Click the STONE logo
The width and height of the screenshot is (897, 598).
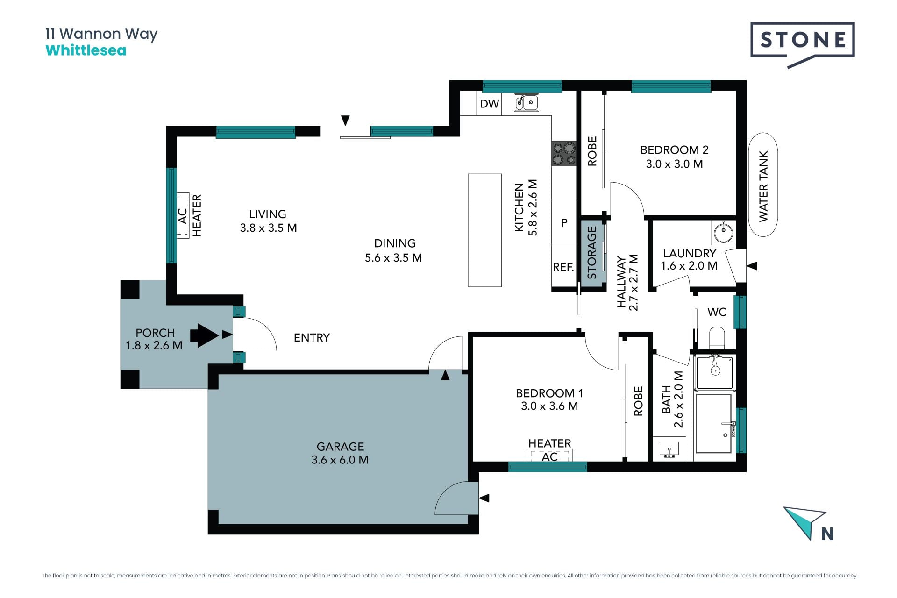[802, 45]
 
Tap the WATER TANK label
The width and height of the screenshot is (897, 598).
[763, 186]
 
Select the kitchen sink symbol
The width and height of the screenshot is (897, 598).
[527, 102]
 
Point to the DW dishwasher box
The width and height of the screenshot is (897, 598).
[489, 104]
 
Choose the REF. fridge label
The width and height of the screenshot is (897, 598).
[563, 267]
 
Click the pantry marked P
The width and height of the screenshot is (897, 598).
[564, 222]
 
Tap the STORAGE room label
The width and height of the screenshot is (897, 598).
[592, 253]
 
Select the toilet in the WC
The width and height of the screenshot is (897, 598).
[716, 337]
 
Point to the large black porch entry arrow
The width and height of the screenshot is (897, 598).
[204, 335]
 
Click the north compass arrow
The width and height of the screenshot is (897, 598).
[805, 520]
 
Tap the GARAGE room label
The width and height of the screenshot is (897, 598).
[340, 447]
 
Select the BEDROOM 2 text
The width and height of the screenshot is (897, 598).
[674, 150]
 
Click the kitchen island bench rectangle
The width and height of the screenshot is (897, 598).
[485, 230]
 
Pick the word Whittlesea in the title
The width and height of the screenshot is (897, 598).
[86, 50]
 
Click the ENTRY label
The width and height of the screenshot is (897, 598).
[312, 337]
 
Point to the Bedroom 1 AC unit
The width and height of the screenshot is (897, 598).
[549, 456]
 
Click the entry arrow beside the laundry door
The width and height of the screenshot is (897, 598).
[752, 266]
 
